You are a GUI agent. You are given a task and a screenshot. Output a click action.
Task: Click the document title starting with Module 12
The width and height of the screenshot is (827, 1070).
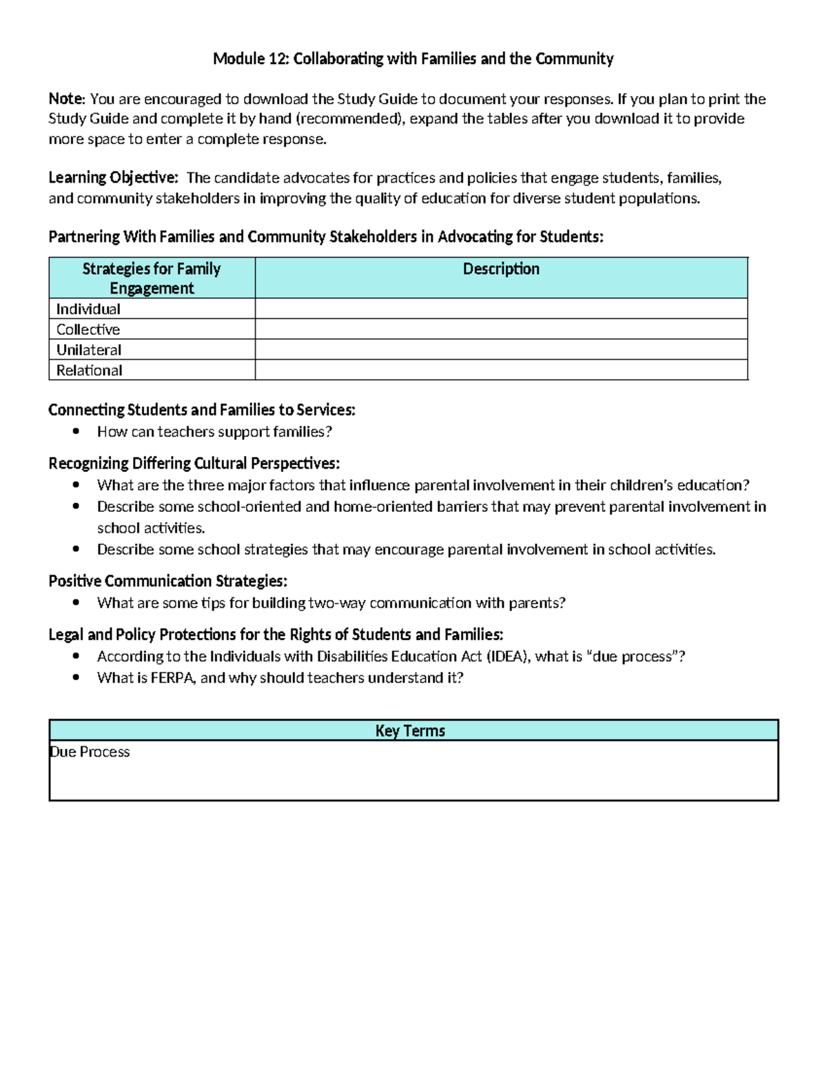pyautogui.click(x=413, y=59)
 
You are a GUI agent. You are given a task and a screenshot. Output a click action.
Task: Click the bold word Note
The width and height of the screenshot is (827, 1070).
pyautogui.click(x=65, y=99)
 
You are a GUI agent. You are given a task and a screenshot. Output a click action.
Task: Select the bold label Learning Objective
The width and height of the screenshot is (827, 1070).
pyautogui.click(x=112, y=178)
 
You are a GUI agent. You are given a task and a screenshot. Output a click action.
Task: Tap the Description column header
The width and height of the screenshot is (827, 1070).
pyautogui.click(x=501, y=269)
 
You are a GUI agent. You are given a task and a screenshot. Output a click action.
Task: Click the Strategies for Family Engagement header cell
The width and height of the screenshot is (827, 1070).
pyautogui.click(x=152, y=278)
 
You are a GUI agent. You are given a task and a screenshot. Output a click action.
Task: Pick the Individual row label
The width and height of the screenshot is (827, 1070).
pyautogui.click(x=88, y=309)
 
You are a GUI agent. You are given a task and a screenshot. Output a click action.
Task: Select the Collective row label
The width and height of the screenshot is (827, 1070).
pyautogui.click(x=88, y=329)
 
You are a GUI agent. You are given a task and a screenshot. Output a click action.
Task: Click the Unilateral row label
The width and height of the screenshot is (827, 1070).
pyautogui.click(x=89, y=350)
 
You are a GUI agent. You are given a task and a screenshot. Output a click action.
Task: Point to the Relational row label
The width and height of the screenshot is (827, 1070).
pyautogui.click(x=90, y=371)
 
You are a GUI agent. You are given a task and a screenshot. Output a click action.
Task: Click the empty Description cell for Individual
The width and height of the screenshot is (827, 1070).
pyautogui.click(x=501, y=309)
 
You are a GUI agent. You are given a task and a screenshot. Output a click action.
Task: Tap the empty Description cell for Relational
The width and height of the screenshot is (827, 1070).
pyautogui.click(x=501, y=371)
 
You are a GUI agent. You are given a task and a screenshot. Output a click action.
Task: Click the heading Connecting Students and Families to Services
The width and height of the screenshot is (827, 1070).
pyautogui.click(x=201, y=410)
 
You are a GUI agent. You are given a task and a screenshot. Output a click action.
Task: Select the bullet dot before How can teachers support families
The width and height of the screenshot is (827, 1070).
pyautogui.click(x=76, y=431)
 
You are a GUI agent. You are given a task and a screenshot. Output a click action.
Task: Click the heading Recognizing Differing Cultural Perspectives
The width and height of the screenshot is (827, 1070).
pyautogui.click(x=194, y=463)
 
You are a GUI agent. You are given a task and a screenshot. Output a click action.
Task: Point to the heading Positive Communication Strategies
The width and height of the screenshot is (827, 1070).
pyautogui.click(x=167, y=581)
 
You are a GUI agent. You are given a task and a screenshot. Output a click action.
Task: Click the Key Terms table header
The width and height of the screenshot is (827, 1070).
pyautogui.click(x=410, y=730)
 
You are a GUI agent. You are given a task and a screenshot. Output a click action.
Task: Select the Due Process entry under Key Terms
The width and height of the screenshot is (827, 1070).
pyautogui.click(x=90, y=752)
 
